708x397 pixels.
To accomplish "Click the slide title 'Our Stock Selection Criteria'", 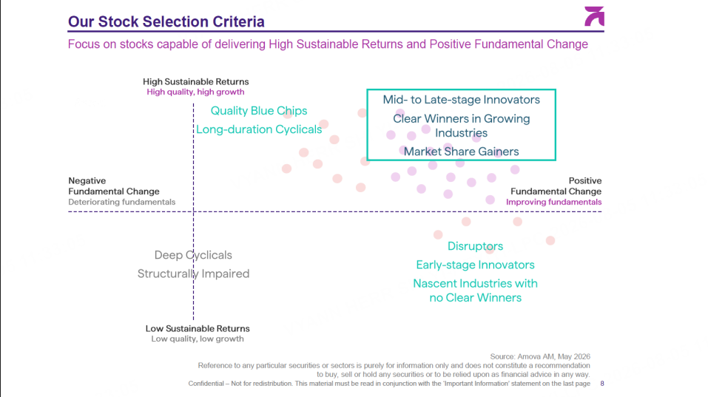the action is click(x=166, y=21).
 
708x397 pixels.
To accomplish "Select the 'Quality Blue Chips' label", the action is click(x=259, y=111).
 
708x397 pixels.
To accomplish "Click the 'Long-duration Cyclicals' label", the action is click(x=259, y=129).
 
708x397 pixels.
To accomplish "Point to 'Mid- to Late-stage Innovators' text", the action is click(x=461, y=100).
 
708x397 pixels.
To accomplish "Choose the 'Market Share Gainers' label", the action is click(x=461, y=152).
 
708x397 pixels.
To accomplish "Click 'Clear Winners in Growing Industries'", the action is click(x=461, y=126).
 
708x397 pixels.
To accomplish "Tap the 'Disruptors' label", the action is click(x=475, y=246).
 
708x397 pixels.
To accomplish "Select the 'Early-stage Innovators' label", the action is click(x=475, y=265).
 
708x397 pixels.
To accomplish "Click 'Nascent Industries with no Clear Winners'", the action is click(x=475, y=291).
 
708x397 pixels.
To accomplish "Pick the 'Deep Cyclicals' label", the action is click(x=193, y=255).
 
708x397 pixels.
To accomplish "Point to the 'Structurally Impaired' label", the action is click(x=193, y=274).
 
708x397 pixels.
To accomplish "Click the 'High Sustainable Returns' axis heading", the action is click(x=195, y=81).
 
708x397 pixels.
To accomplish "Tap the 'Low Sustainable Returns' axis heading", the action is click(x=198, y=328).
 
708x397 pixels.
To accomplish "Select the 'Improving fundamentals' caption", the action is click(x=553, y=202).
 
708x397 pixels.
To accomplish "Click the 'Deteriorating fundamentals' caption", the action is click(x=122, y=202).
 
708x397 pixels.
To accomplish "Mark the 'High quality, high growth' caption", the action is click(x=195, y=92).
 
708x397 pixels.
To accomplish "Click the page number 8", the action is click(x=602, y=384).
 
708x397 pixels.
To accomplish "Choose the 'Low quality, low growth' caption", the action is click(x=198, y=339).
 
